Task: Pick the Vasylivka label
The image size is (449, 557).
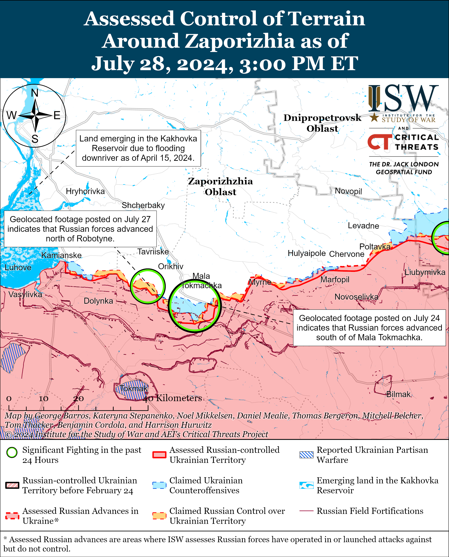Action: [25, 294]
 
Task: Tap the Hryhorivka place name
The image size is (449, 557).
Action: [85, 191]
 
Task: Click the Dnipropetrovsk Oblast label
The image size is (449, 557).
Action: [322, 123]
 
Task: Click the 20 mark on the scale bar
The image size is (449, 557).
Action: [78, 399]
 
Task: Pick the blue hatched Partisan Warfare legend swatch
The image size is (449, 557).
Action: [306, 455]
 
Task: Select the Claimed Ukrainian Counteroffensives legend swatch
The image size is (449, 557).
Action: [159, 485]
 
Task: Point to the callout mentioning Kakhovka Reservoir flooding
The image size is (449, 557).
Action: [138, 148]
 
